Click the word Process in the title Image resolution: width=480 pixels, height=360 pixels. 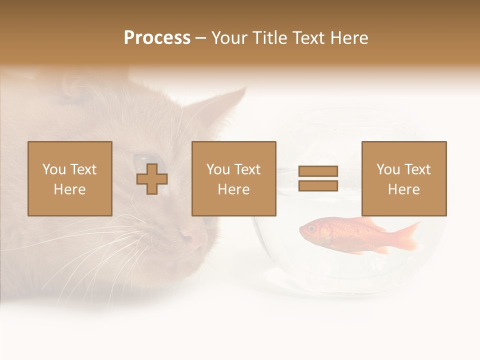[x=157, y=38]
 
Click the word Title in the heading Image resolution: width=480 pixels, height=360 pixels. [x=269, y=38]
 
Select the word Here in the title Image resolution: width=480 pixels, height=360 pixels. [x=348, y=38]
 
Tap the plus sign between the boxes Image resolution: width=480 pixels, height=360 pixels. [x=152, y=179]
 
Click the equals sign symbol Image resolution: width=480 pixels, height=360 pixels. [x=318, y=178]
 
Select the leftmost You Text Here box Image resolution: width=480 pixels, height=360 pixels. [x=70, y=178]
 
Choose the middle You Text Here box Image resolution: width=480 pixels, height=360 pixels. [x=234, y=178]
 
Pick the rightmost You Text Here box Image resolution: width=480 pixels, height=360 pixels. [x=404, y=178]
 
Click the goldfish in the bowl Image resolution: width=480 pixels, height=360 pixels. [x=350, y=234]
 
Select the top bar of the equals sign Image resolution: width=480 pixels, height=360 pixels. [x=318, y=171]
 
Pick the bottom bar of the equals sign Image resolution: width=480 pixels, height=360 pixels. [x=318, y=186]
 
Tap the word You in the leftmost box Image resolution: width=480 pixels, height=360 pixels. [x=54, y=169]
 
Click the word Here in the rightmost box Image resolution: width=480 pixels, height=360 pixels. [x=404, y=189]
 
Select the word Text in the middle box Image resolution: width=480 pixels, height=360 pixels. [x=247, y=169]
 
